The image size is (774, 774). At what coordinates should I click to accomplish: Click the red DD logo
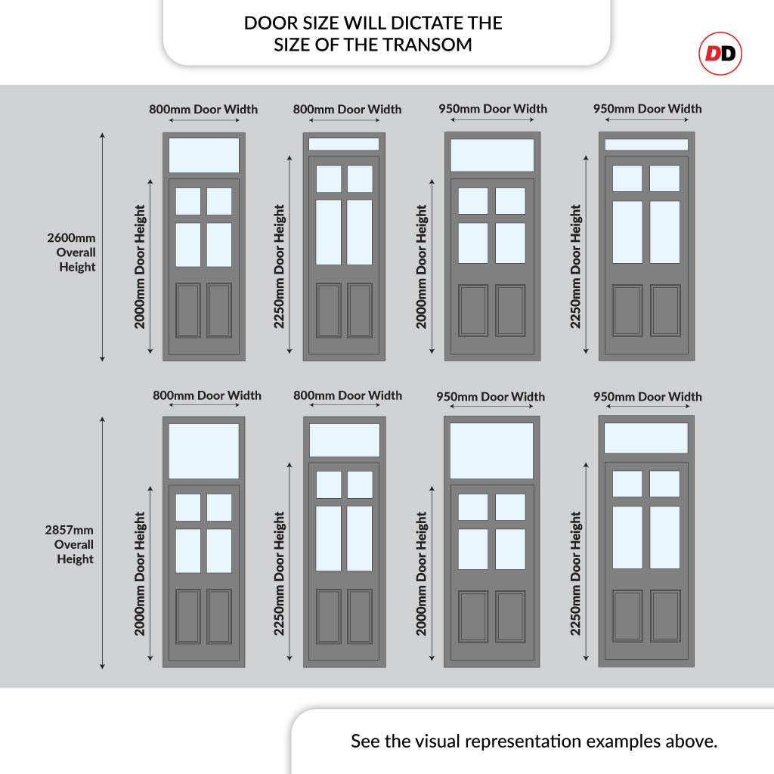(720, 54)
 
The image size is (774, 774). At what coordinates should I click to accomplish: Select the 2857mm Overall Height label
(73, 544)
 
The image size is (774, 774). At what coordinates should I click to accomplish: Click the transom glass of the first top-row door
(203, 155)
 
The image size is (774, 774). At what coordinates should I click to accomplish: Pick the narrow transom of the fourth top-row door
(646, 144)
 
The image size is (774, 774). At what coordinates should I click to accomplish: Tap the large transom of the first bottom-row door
(203, 450)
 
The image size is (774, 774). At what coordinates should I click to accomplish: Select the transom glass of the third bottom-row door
(492, 450)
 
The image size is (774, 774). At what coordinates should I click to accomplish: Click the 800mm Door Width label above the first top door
(203, 109)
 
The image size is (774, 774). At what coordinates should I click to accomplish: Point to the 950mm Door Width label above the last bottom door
(647, 396)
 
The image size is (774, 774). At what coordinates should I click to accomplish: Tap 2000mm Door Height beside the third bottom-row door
(422, 573)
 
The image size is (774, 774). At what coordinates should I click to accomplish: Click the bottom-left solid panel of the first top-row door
(188, 310)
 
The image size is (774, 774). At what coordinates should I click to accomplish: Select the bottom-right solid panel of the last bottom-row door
(665, 616)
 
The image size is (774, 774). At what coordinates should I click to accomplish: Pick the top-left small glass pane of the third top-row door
(473, 201)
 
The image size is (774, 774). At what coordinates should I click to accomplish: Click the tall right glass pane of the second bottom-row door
(360, 538)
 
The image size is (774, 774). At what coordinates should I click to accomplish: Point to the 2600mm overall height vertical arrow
(102, 246)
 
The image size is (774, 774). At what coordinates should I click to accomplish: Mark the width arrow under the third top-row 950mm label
(491, 119)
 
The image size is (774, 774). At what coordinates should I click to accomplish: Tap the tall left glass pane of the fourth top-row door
(627, 232)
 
